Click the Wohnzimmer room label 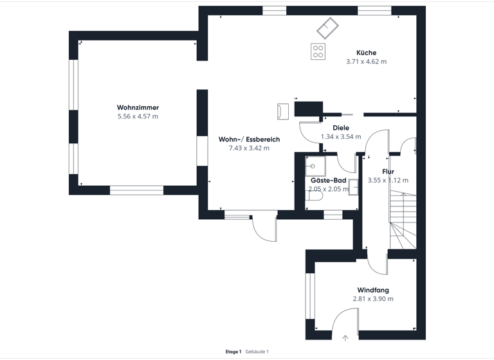(x=138, y=107)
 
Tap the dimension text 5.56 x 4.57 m (x=138, y=116)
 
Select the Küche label (x=366, y=53)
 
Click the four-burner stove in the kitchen (x=318, y=51)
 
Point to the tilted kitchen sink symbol (x=327, y=27)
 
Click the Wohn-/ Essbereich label (x=249, y=139)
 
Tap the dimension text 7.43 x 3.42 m (x=249, y=148)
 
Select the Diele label (x=341, y=128)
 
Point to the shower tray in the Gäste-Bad (x=315, y=166)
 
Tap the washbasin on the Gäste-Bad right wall (x=353, y=187)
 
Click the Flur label (x=388, y=172)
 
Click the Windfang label (x=373, y=291)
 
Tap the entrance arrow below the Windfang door (x=345, y=337)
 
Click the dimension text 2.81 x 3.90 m (x=373, y=300)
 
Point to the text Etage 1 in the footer (x=233, y=352)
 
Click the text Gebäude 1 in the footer (x=257, y=352)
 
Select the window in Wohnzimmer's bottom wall (x=136, y=190)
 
